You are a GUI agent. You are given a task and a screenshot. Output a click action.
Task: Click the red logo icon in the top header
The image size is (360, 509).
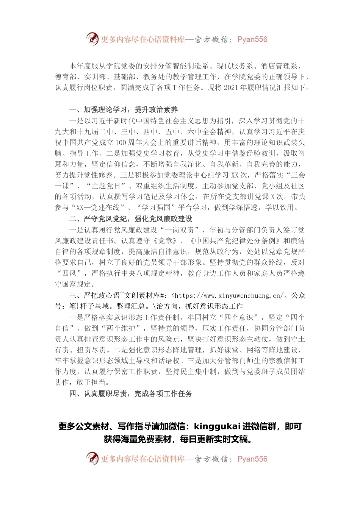click(92, 39)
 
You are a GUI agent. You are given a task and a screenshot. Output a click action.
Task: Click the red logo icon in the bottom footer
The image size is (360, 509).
click(92, 458)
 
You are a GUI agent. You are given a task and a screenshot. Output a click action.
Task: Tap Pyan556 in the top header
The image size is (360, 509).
click(252, 39)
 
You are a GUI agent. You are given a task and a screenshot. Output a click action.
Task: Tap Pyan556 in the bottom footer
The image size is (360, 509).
click(252, 459)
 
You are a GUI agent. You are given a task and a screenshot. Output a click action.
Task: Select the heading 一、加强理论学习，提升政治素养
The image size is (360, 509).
click(124, 110)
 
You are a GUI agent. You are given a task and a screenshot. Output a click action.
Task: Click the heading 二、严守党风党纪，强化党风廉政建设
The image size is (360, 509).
click(131, 219)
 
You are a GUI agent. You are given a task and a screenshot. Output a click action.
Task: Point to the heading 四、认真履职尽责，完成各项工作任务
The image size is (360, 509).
click(131, 393)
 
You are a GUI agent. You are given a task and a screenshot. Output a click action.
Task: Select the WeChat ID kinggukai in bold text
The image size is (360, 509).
click(217, 426)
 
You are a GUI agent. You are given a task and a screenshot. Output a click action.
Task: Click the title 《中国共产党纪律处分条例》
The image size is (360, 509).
click(235, 241)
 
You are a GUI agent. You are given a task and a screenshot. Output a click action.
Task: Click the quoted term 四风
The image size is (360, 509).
click(69, 273)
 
